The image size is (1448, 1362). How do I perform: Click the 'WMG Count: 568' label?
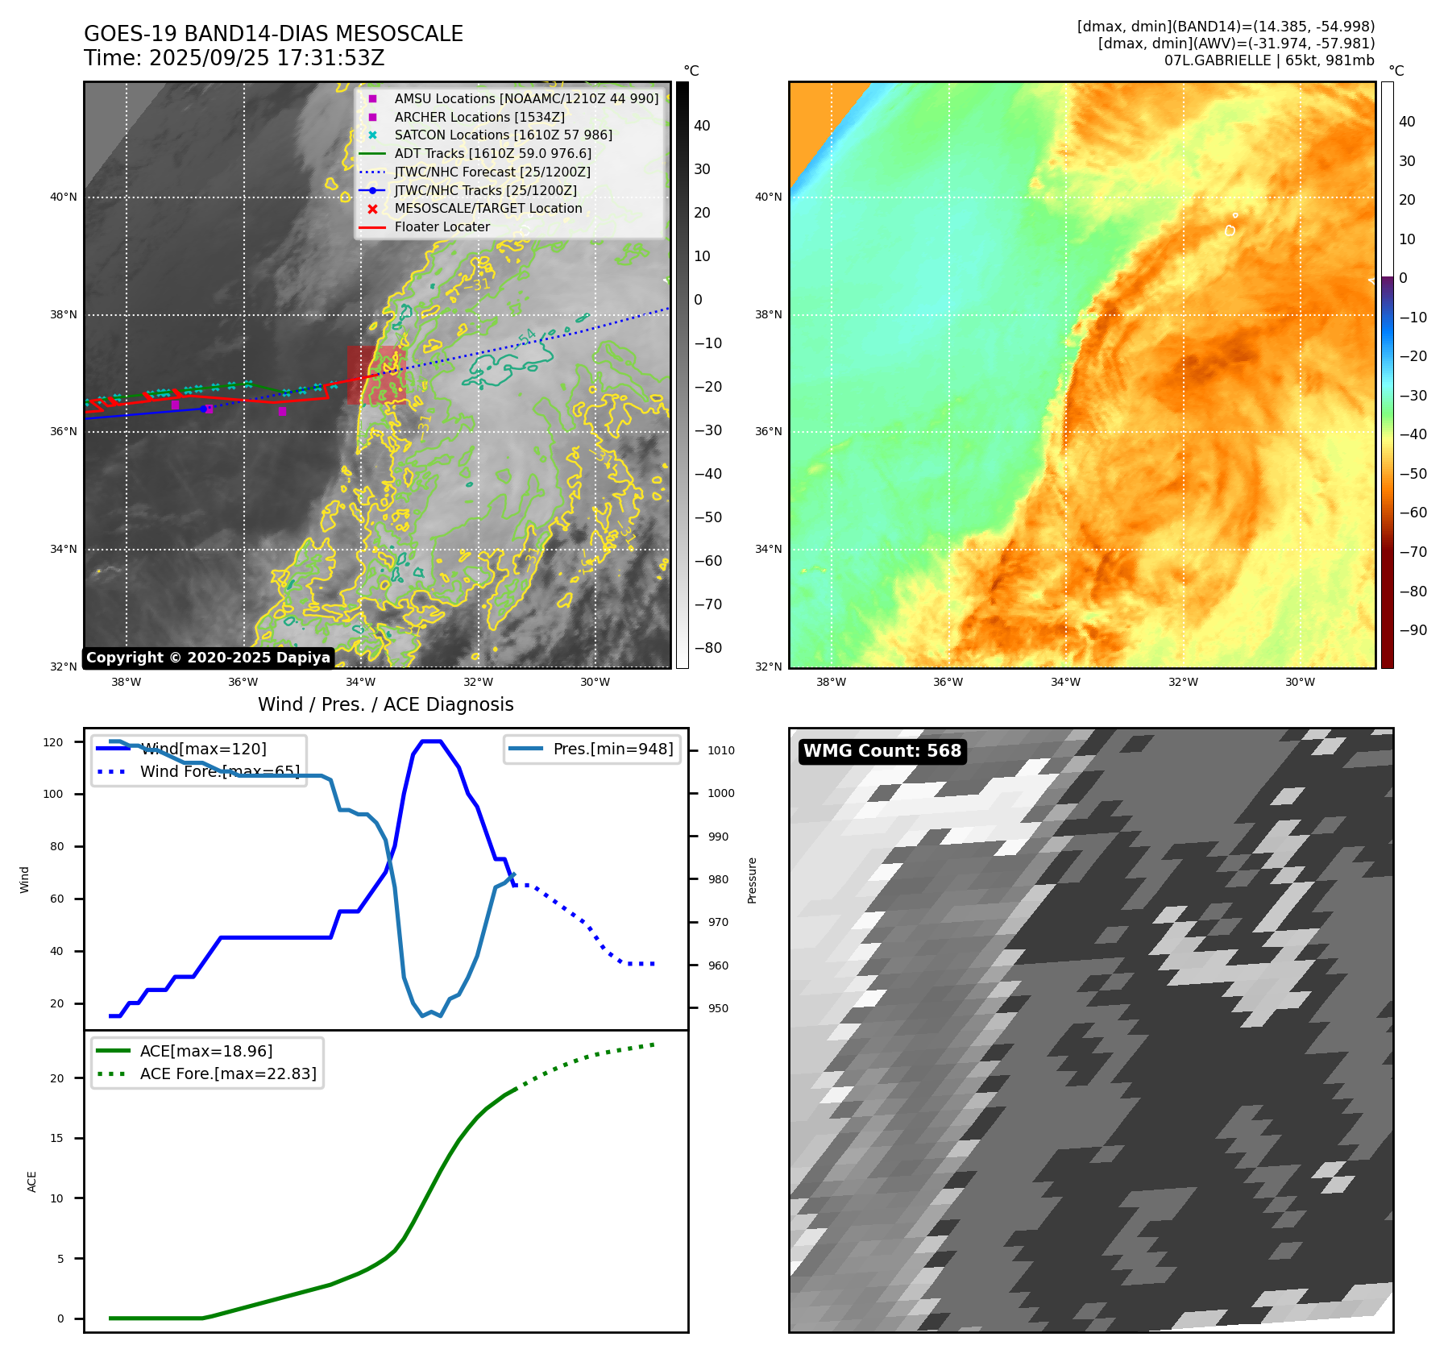882,751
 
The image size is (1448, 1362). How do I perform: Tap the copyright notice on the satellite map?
208,658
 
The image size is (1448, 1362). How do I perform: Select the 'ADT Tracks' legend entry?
492,153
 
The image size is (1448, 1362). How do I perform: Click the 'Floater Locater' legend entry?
442,226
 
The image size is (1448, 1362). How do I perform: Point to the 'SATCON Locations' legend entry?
503,135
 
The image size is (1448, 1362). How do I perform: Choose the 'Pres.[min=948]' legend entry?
612,749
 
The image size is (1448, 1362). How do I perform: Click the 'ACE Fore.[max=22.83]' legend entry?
228,1073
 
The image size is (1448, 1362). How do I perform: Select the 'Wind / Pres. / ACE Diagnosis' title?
385,704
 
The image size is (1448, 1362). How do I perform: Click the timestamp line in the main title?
234,58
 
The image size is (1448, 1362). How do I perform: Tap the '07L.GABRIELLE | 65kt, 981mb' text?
1268,60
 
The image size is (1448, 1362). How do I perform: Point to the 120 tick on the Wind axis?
53,742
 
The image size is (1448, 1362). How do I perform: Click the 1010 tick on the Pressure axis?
721,750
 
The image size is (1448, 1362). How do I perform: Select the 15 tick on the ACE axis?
57,1138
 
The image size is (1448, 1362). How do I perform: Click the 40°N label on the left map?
64,197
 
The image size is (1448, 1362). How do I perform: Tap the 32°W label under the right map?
1183,682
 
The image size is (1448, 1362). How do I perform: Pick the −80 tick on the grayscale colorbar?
708,648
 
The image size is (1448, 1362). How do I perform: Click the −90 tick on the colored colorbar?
1413,630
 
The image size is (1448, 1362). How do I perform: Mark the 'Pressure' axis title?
752,880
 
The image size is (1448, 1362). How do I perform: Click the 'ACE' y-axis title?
32,1181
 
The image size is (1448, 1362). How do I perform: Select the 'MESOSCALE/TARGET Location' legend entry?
488,208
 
